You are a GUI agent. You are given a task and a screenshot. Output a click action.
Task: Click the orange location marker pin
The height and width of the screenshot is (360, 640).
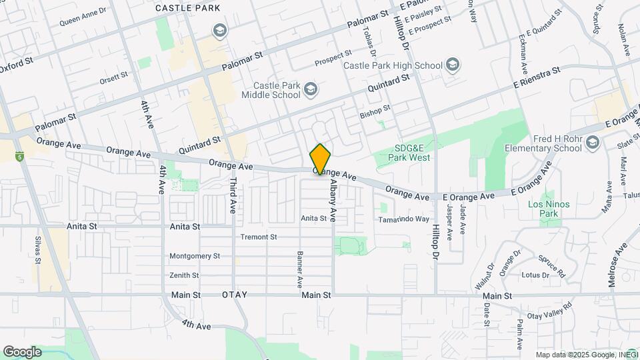click(x=320, y=159)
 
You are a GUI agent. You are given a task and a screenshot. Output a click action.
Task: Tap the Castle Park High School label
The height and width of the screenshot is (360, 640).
click(x=393, y=65)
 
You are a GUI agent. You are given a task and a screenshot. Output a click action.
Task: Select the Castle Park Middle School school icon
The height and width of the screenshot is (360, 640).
click(x=311, y=89)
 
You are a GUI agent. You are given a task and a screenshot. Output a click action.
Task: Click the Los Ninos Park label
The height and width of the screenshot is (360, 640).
click(x=549, y=209)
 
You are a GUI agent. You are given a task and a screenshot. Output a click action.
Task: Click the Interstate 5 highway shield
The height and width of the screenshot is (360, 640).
click(x=21, y=157)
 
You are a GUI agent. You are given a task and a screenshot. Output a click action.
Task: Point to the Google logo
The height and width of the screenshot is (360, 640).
click(x=22, y=352)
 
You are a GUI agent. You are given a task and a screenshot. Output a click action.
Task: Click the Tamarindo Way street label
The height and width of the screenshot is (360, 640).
click(x=404, y=219)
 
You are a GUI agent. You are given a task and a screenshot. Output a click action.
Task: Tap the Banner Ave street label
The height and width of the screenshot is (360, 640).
click(x=300, y=270)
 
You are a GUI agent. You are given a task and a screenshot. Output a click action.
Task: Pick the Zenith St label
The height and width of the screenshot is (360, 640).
click(x=184, y=275)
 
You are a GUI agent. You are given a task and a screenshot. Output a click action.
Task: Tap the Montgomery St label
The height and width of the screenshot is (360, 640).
click(x=195, y=255)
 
